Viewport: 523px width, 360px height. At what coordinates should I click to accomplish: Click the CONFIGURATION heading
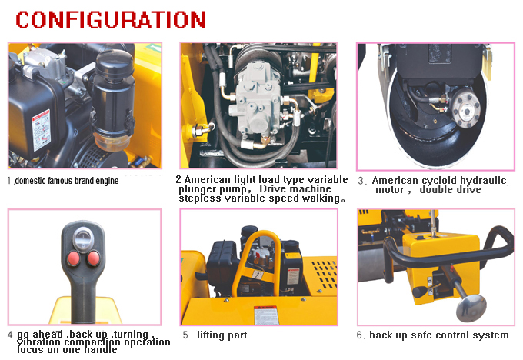click(111, 19)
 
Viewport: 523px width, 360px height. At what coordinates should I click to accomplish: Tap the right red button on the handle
click(94, 256)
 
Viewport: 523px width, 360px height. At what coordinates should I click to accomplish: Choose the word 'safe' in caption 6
click(423, 335)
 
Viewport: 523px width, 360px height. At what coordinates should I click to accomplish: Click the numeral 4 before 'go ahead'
click(10, 335)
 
